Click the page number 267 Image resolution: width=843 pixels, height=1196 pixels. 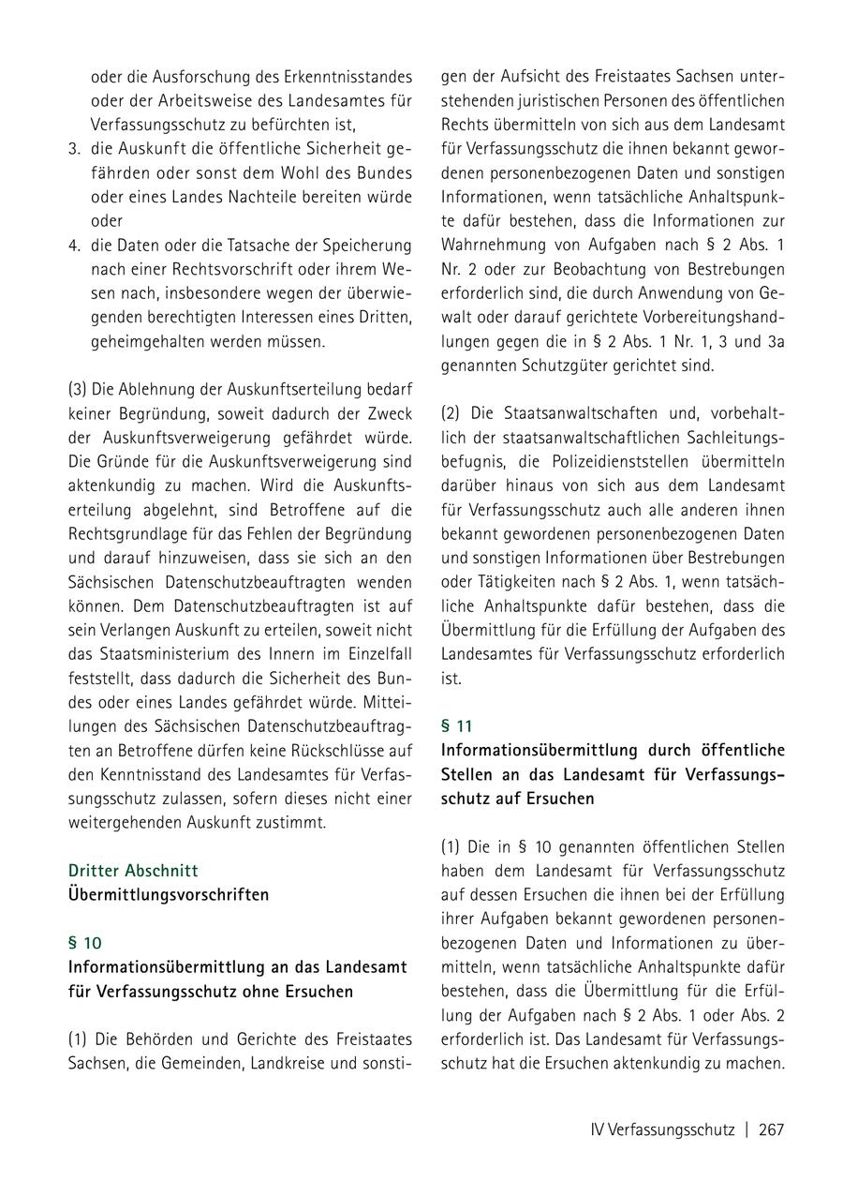coord(771,1129)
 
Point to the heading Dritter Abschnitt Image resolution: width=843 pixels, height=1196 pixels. coord(133,870)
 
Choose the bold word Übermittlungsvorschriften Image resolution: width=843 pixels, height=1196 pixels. coord(168,894)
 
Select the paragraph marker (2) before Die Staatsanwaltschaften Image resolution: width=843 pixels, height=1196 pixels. coord(451,412)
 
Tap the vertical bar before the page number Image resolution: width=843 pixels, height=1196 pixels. coord(747,1129)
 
